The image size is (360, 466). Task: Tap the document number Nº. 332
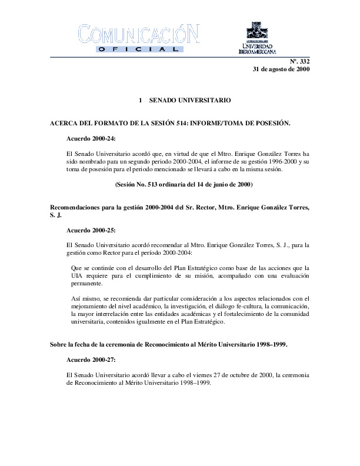[300, 61]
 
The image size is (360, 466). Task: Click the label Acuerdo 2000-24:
[92, 139]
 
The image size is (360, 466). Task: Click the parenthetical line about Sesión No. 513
[184, 185]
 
